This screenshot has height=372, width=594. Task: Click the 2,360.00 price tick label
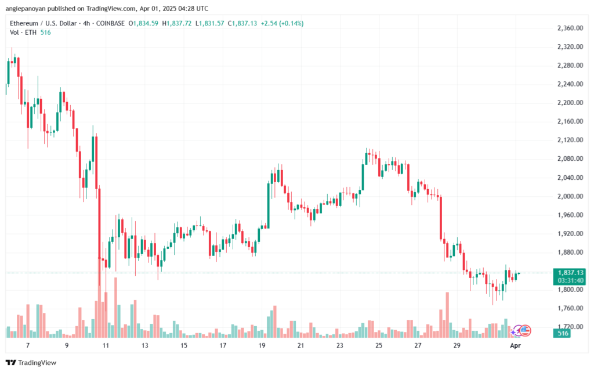pos(570,28)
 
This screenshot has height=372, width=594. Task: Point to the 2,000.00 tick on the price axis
pos(570,196)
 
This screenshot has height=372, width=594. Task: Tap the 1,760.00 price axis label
pos(570,308)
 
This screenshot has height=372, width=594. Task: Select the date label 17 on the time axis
pos(223,345)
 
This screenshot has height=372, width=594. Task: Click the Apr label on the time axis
pos(516,345)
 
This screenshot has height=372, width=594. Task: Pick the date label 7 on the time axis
pos(28,345)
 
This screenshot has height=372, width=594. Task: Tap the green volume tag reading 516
pos(563,333)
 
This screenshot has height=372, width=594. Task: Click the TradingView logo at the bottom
pos(31,363)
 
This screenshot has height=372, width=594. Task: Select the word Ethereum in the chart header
pos(24,23)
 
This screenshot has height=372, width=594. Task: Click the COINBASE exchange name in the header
pos(110,23)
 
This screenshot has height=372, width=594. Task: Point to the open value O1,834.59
pos(143,23)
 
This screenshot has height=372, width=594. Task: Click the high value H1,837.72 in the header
pos(177,23)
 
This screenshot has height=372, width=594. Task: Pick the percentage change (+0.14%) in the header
pos(291,23)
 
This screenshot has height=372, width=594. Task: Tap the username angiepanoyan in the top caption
pos(26,8)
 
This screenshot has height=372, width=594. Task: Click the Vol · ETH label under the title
pos(23,32)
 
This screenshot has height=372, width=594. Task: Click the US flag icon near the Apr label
pos(524,331)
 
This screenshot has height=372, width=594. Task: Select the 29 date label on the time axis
pos(457,345)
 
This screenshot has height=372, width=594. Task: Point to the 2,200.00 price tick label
pos(570,103)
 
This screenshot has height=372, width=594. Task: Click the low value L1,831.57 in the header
pos(210,23)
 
